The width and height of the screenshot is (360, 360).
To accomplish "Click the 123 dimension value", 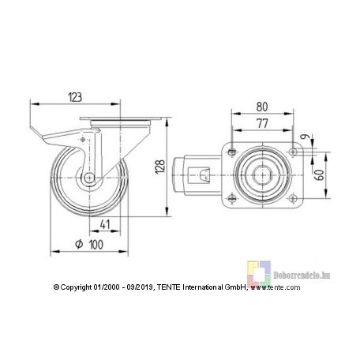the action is [x=75, y=97].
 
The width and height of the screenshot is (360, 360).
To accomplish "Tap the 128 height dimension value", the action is [x=160, y=167].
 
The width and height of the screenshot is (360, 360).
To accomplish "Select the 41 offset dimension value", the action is [x=105, y=224].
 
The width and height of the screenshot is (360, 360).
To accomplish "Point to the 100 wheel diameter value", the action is [x=96, y=245].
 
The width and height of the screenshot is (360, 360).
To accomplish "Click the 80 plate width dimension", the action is [x=262, y=107].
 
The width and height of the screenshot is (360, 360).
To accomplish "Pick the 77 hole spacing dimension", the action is [x=262, y=123].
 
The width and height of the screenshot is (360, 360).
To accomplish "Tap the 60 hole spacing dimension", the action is [x=320, y=175].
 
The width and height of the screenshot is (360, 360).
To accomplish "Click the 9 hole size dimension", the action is [x=305, y=137].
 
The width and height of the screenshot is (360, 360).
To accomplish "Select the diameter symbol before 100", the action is [x=79, y=244].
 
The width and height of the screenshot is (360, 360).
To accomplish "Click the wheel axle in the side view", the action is [x=89, y=178].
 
